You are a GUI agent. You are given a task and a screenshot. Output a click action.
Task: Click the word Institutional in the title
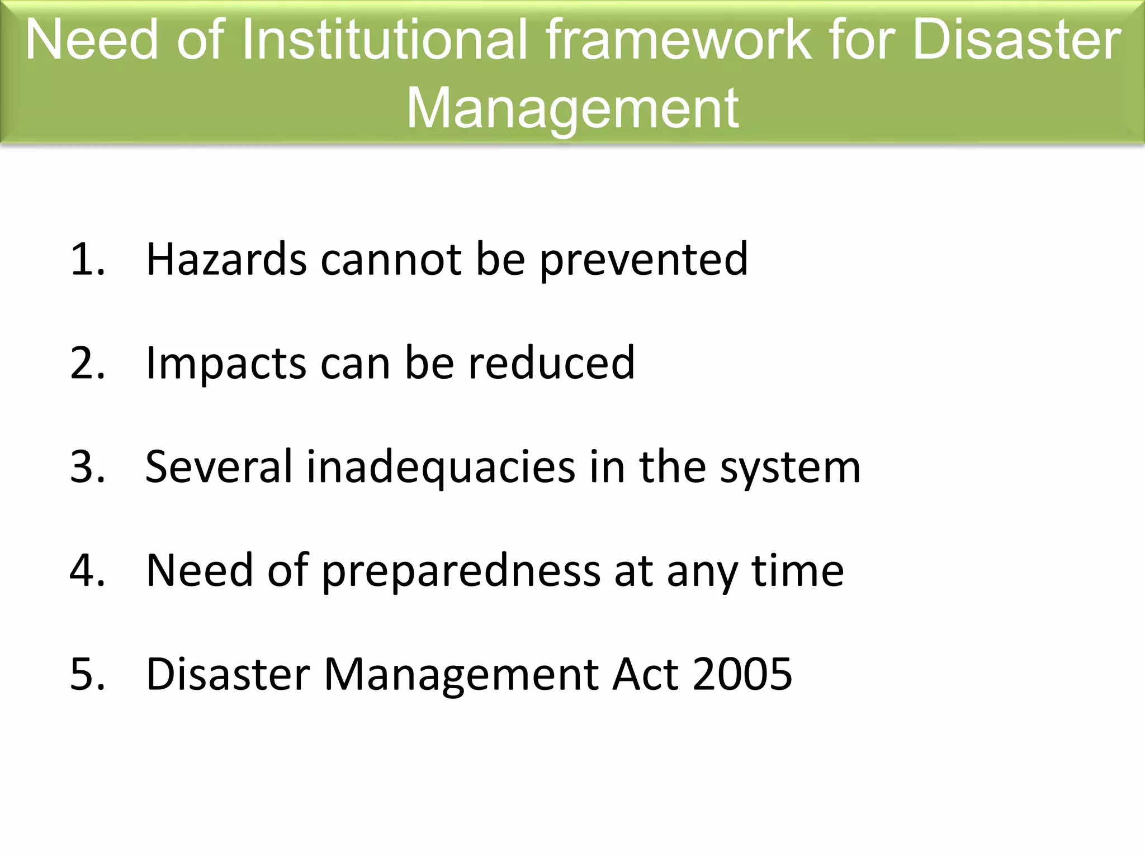click(385, 40)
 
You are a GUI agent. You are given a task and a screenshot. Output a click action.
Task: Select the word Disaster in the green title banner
click(1016, 40)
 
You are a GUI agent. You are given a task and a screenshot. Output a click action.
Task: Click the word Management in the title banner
click(572, 107)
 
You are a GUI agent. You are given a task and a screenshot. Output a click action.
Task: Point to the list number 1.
click(87, 259)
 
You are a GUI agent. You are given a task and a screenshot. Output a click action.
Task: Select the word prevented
click(644, 260)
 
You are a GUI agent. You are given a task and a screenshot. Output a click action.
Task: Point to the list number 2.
click(87, 363)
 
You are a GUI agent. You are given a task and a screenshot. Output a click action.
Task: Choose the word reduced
click(551, 363)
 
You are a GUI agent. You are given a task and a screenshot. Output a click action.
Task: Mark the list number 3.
click(87, 467)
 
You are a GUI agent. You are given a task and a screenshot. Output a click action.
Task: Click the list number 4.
click(87, 570)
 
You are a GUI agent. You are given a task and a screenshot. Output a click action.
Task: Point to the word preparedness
click(461, 571)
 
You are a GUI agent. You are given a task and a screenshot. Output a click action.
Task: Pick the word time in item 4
click(798, 570)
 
